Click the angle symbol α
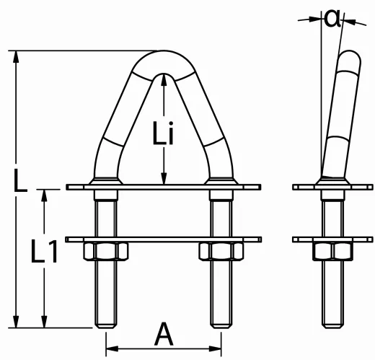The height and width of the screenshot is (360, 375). pyautogui.click(x=332, y=17)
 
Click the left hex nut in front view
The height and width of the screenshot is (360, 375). pyautogui.click(x=107, y=251)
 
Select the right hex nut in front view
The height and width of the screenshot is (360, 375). pyautogui.click(x=219, y=251)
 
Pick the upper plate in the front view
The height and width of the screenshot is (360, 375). pyautogui.click(x=163, y=188)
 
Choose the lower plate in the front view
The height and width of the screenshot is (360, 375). pyautogui.click(x=163, y=239)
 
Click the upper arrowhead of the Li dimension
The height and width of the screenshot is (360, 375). pyautogui.click(x=165, y=82)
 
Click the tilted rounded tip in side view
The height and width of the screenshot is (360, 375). pyautogui.click(x=350, y=58)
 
